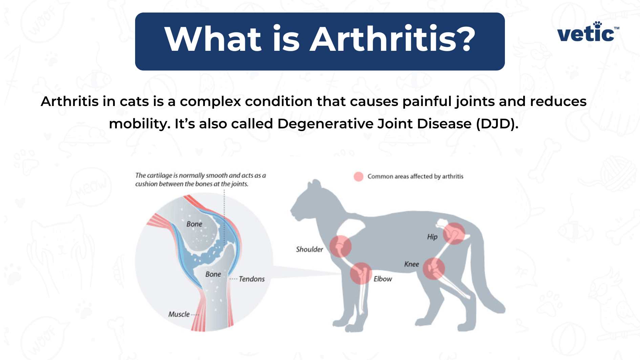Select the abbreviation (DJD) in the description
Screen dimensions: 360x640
(x=497, y=124)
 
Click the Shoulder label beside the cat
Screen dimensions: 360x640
(x=309, y=250)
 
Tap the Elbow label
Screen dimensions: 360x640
(x=383, y=279)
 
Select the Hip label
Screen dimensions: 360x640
(x=432, y=237)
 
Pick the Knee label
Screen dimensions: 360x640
(x=411, y=264)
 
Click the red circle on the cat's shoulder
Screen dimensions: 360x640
(x=340, y=246)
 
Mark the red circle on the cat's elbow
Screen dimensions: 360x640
(x=361, y=273)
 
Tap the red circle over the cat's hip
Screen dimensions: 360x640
(x=454, y=233)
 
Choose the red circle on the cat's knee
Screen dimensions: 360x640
(x=433, y=269)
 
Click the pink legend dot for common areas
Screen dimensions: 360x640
(x=358, y=176)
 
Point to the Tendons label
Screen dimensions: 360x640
(x=252, y=279)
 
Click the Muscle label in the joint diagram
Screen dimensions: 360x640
(x=179, y=314)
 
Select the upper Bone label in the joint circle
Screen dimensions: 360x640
(x=194, y=224)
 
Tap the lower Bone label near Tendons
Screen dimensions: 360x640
(x=213, y=274)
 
